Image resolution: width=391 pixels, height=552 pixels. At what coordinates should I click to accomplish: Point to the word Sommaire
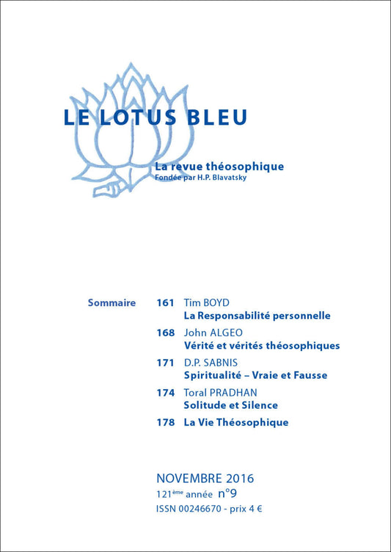click(x=112, y=302)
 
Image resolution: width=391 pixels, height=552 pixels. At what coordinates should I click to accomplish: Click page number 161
click(x=165, y=302)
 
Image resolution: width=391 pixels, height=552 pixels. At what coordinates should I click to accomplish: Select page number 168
click(x=165, y=333)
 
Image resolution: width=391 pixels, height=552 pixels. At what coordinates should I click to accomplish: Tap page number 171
click(x=165, y=363)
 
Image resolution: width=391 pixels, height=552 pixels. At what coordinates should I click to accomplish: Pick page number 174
click(x=165, y=393)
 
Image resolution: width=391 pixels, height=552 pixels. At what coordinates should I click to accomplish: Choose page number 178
click(x=165, y=422)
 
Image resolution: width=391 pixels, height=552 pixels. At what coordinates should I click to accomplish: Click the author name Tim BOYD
click(x=205, y=302)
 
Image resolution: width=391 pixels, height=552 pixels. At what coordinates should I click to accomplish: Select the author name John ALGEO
click(x=211, y=333)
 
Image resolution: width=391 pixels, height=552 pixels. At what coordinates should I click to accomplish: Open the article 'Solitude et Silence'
click(x=230, y=405)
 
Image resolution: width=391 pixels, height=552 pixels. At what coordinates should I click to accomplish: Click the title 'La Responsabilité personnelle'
click(x=257, y=316)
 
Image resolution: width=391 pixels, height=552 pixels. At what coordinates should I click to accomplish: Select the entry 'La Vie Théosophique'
click(x=235, y=422)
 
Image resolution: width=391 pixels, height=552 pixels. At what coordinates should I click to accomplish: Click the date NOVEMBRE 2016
click(x=205, y=479)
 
